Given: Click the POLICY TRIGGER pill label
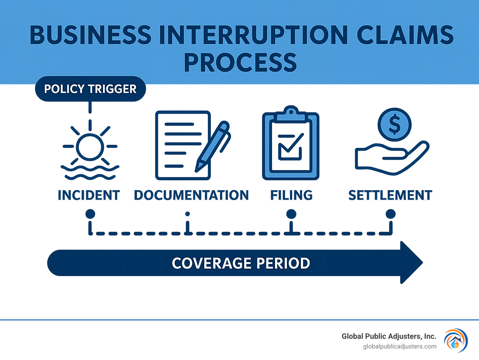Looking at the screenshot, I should (90, 89).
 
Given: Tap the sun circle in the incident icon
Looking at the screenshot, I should (90, 147).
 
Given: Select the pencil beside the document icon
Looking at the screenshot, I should (213, 146).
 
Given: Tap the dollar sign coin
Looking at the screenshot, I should (394, 124).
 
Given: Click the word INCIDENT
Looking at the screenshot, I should (89, 195).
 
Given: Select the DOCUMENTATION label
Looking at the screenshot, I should (191, 195).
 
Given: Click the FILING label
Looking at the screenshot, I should (291, 195).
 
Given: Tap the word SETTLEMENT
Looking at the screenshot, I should (390, 195).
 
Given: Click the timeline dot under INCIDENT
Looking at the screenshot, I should (90, 214).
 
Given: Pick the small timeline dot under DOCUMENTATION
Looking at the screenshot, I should (187, 214).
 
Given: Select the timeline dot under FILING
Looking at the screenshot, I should (291, 214).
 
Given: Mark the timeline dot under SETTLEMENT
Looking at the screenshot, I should (390, 214).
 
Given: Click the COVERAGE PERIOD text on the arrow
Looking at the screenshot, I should (241, 263).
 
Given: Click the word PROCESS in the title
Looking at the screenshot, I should (240, 62).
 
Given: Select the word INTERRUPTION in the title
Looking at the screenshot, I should (253, 35).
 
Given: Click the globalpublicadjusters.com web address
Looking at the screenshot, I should (399, 346).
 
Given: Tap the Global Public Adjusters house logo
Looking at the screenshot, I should (456, 340).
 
